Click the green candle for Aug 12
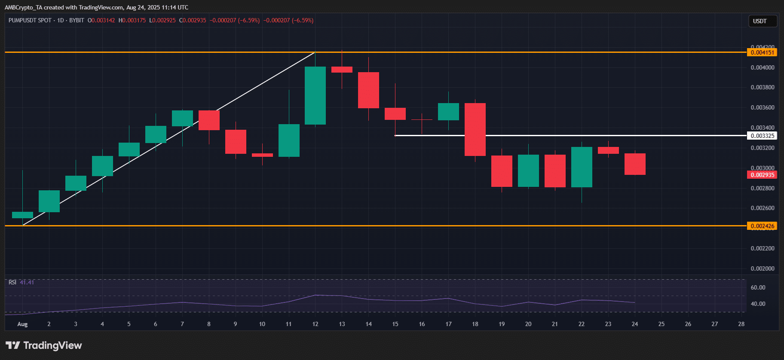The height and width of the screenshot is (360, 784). click(315, 95)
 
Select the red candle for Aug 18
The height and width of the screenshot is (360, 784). click(475, 129)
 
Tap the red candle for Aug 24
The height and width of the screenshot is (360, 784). click(635, 164)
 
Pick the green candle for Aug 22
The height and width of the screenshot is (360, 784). click(582, 167)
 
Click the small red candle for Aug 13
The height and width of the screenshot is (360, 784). click(342, 70)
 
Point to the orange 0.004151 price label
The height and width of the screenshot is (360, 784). click(762, 52)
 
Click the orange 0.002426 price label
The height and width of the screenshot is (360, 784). click(762, 226)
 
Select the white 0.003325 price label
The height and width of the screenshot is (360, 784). click(762, 136)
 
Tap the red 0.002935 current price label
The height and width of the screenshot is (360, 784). click(762, 175)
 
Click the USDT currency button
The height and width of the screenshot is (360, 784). click(759, 21)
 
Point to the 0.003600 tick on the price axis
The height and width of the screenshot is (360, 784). click(762, 107)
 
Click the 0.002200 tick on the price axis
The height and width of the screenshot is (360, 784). click(762, 248)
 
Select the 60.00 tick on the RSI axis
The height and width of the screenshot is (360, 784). click(758, 287)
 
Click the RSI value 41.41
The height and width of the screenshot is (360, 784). click(27, 282)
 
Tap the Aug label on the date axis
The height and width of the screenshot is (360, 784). click(22, 324)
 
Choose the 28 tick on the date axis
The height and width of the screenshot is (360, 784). click(741, 324)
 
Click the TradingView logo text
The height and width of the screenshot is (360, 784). click(52, 345)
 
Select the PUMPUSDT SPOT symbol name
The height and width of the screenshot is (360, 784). click(30, 20)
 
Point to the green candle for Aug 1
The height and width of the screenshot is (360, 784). click(22, 215)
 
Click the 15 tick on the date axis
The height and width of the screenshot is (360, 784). click(395, 324)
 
